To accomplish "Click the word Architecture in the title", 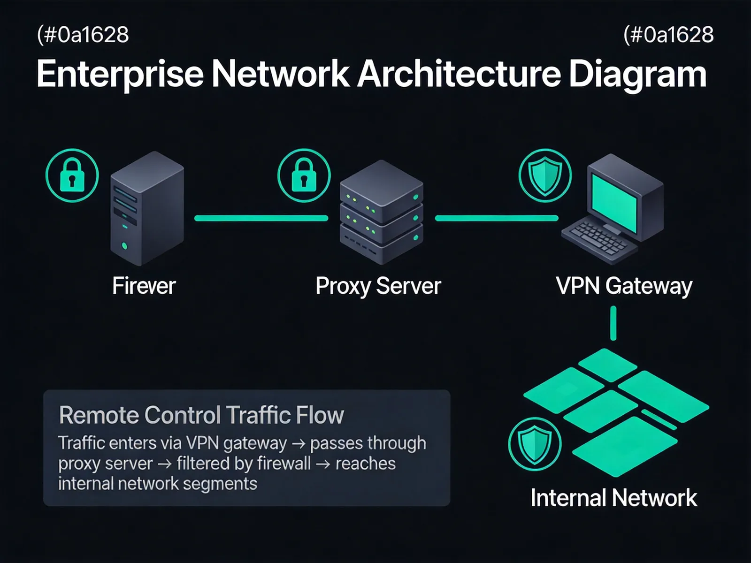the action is click(459, 74).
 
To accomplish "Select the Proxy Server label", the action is click(378, 287).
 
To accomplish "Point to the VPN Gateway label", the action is click(624, 287).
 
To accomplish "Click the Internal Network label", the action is click(614, 498).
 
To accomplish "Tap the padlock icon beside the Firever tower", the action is click(72, 175).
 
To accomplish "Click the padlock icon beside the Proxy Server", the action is click(304, 175).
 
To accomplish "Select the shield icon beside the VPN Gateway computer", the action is click(545, 175).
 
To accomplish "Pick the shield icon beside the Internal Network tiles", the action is click(535, 444).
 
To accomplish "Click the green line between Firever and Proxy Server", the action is click(261, 218).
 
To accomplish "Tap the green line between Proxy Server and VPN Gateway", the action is click(497, 218).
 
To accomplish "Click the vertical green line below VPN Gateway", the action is click(613, 323).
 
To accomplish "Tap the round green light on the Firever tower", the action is click(124, 246).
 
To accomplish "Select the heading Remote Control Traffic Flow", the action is click(201, 415).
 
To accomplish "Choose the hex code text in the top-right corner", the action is click(668, 35).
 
